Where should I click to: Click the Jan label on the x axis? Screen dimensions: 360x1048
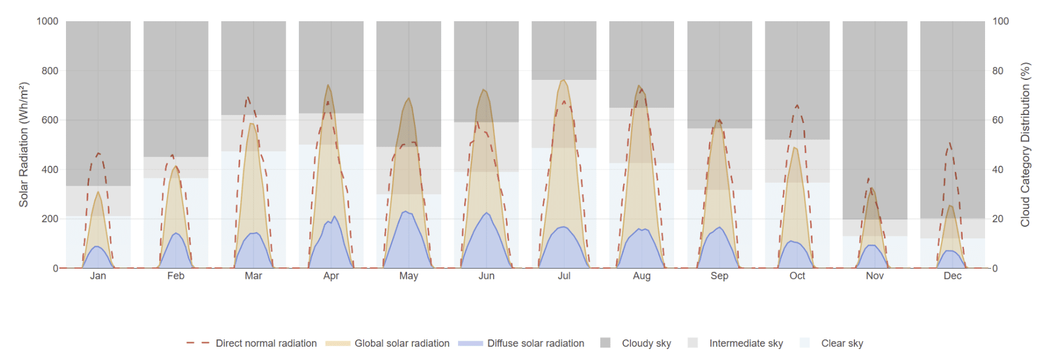[x=98, y=276]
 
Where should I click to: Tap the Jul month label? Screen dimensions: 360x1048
[x=564, y=276]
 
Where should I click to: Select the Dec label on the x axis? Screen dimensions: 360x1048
[x=952, y=276]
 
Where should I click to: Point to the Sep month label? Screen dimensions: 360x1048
[x=719, y=276]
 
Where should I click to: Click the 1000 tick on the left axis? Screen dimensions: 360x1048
[x=47, y=21]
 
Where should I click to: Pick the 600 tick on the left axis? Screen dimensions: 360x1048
[x=50, y=120]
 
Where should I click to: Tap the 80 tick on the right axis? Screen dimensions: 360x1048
[x=998, y=71]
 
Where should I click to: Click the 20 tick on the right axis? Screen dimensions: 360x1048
[x=998, y=218]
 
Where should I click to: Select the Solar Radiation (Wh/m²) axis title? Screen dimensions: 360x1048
[x=24, y=145]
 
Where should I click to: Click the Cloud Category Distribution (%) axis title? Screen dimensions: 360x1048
[x=1025, y=145]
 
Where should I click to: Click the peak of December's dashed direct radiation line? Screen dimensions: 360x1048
[x=950, y=144]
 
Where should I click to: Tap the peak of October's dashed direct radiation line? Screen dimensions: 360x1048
[x=797, y=105]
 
